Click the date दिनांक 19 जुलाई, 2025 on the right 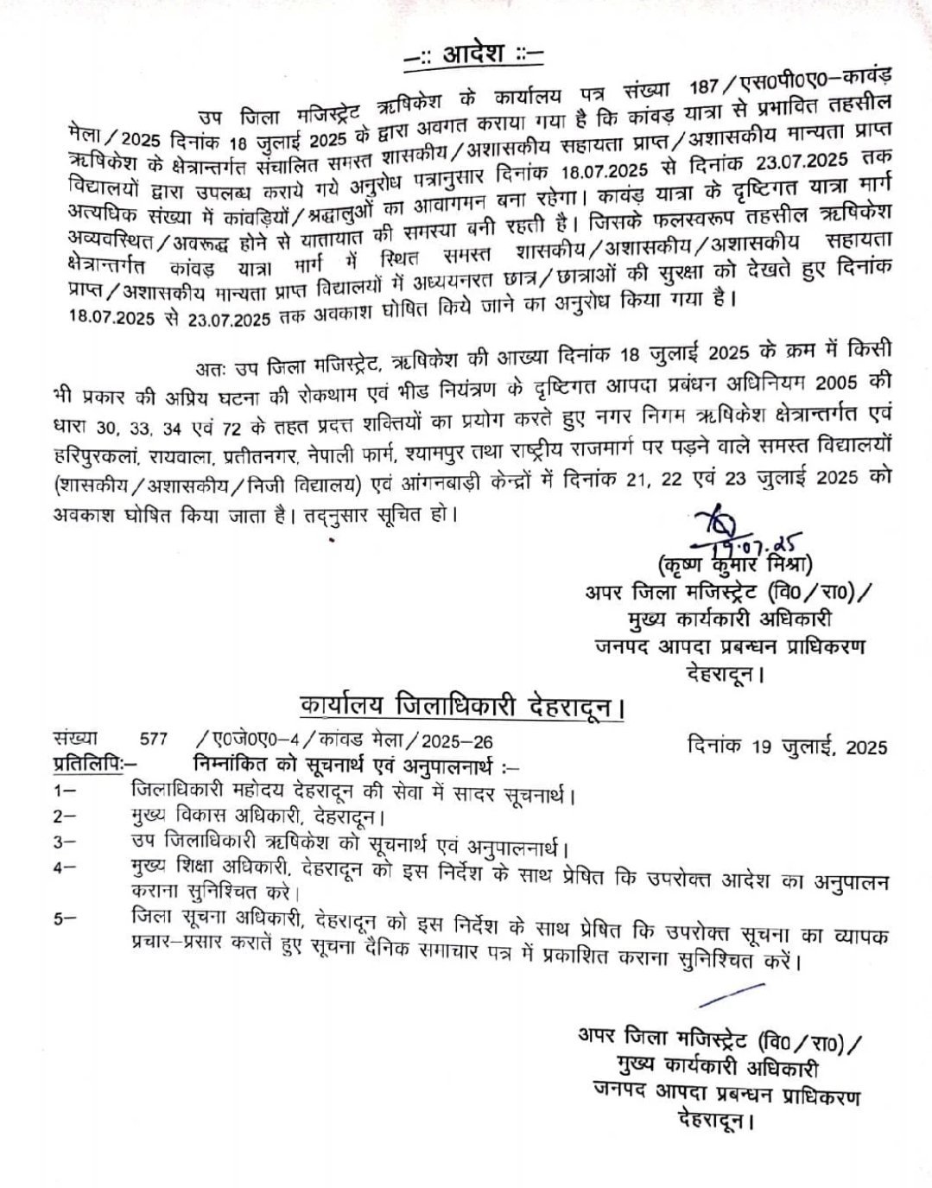(788, 746)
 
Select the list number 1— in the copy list (65, 791)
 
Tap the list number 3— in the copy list (65, 842)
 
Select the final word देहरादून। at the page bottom (711, 1122)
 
